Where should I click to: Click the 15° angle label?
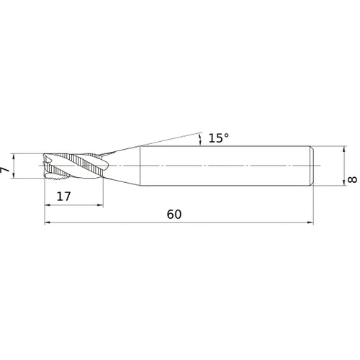pos(219,138)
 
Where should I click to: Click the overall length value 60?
pos(174,215)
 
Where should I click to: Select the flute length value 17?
pos(63,197)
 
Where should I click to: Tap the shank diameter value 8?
pos(352,179)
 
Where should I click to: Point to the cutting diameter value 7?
pos(5,170)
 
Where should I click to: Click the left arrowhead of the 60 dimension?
pos(48,222)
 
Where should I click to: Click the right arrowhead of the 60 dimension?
pos(311,222)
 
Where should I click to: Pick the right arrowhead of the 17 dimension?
pos(100,205)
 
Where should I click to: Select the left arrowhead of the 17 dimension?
pos(48,205)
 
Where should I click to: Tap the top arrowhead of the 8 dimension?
pos(344,149)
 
